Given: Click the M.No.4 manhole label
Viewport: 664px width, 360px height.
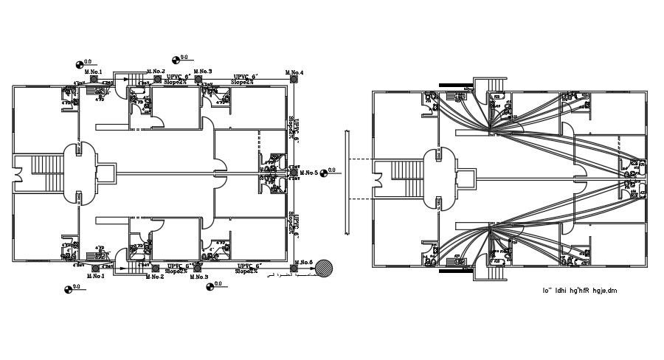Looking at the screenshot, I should pos(294,72).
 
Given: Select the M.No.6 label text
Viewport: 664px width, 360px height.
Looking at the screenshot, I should pos(302,263).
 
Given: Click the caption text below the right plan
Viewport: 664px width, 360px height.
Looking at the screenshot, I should pos(579,291).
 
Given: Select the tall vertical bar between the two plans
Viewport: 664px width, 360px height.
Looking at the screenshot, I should pos(345,183).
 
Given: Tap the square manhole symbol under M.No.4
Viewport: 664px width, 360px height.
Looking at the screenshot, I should pos(293,79).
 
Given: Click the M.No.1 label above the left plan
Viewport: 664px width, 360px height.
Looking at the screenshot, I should pos(93,71).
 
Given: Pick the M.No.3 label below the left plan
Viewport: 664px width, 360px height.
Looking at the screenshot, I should pos(198,277).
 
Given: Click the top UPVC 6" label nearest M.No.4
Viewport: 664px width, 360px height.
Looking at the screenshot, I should pos(244,77).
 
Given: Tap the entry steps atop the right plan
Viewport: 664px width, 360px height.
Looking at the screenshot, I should pos(492,85).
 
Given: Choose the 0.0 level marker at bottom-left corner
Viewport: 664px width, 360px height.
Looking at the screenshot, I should pos(68,288).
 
